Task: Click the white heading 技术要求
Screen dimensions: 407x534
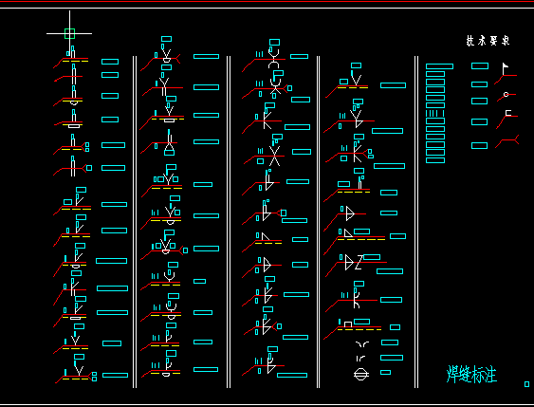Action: (x=488, y=41)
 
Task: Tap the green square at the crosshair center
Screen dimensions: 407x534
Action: (x=69, y=33)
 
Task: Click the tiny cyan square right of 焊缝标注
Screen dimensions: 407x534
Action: (x=526, y=384)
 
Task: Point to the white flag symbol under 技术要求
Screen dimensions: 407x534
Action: (x=506, y=69)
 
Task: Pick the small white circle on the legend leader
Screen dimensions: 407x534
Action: (x=506, y=94)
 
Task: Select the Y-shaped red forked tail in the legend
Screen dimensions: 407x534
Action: (x=509, y=140)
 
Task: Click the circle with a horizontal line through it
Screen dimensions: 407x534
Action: (x=361, y=374)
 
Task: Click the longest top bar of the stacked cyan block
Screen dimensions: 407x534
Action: (x=439, y=66)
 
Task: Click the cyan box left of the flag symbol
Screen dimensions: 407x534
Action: (x=480, y=66)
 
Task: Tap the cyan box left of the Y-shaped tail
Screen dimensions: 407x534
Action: (x=480, y=145)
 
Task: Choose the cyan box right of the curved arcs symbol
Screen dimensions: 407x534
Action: (x=388, y=342)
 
